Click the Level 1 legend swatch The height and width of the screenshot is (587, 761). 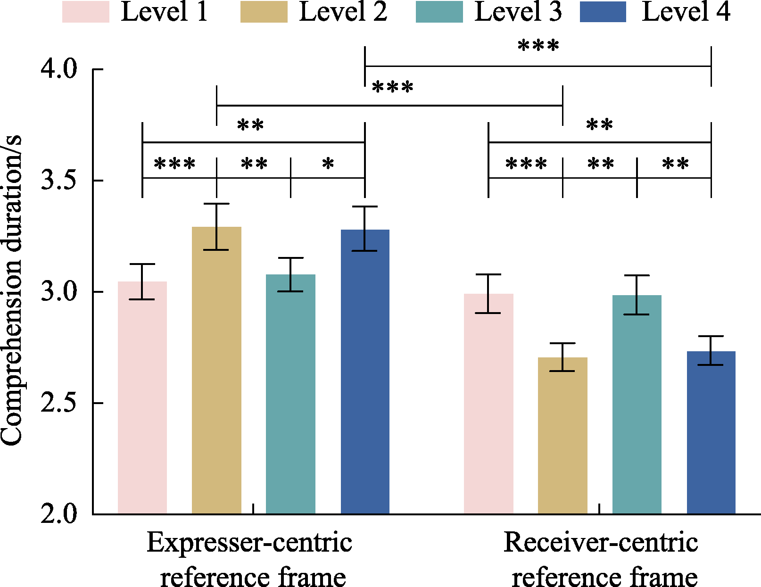pos(85,12)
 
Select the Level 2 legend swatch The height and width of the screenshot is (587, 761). pos(264,12)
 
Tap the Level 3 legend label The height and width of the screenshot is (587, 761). pos(518,12)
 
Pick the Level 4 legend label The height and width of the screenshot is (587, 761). pos(686,12)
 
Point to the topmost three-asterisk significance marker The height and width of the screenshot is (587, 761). pos(538,46)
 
